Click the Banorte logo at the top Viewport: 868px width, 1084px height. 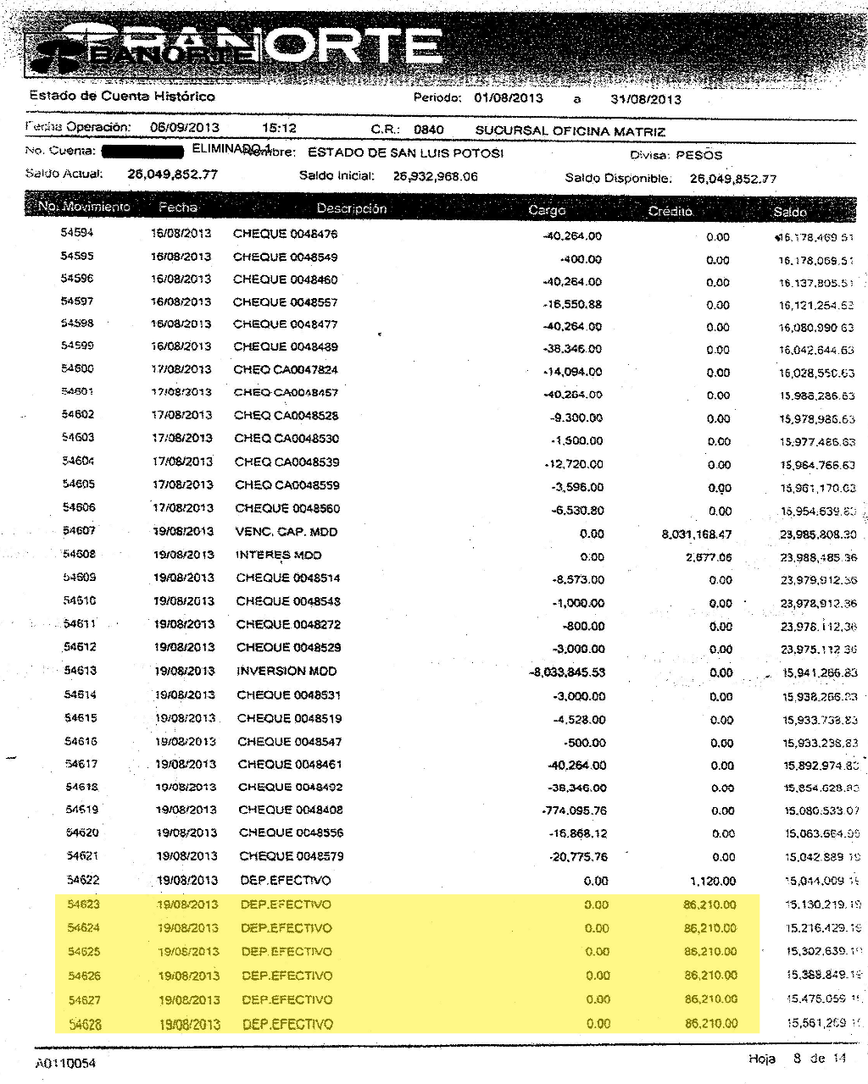pyautogui.click(x=237, y=47)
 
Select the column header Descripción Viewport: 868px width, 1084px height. pyautogui.click(x=351, y=208)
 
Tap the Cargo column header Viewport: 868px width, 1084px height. pyautogui.click(x=546, y=210)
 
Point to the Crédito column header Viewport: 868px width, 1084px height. pyautogui.click(x=670, y=211)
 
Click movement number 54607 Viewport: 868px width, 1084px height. pyautogui.click(x=79, y=531)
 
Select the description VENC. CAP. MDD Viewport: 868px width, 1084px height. pyautogui.click(x=286, y=532)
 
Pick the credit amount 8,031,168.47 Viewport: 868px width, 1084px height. pyautogui.click(x=696, y=534)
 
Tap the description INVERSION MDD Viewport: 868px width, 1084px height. pyautogui.click(x=287, y=671)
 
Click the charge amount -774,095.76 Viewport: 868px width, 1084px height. pyautogui.click(x=575, y=810)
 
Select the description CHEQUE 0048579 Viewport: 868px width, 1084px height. pyautogui.click(x=291, y=856)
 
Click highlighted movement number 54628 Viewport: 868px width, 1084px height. pyautogui.click(x=84, y=1024)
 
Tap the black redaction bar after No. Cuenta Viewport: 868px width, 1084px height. pyautogui.click(x=142, y=152)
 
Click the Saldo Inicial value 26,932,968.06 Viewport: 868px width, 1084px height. pyautogui.click(x=435, y=176)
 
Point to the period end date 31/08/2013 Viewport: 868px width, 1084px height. pyautogui.click(x=645, y=99)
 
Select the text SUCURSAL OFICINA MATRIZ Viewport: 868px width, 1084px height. pyautogui.click(x=570, y=131)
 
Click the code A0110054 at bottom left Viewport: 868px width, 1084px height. pyautogui.click(x=65, y=1063)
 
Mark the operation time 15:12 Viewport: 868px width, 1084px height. pyautogui.click(x=279, y=128)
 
